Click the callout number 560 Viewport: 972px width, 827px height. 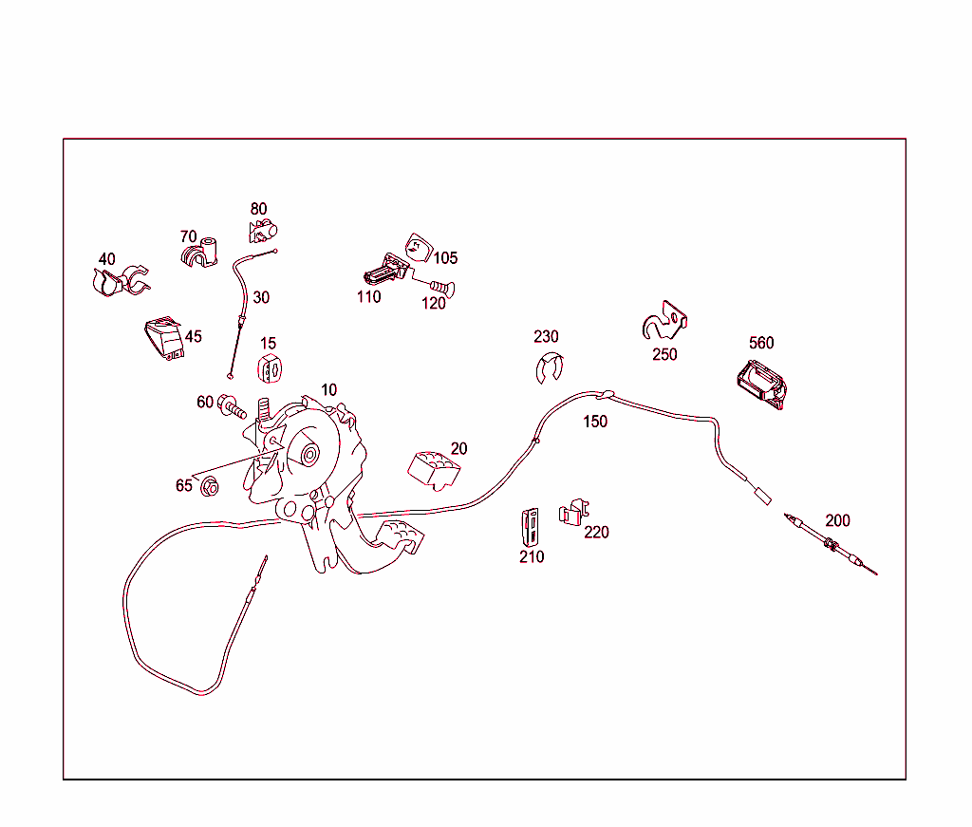point(761,343)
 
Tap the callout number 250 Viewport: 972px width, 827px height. point(664,354)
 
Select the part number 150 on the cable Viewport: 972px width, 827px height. point(595,422)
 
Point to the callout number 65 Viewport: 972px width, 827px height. point(184,485)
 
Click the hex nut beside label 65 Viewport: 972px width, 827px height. point(210,487)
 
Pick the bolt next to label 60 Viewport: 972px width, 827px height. point(233,406)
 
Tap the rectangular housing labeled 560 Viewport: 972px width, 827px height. point(762,385)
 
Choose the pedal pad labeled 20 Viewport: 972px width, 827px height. point(434,470)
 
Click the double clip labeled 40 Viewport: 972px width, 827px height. point(121,282)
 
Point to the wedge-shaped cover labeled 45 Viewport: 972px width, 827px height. point(164,338)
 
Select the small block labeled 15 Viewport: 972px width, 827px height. point(270,368)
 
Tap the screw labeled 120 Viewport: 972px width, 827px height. point(441,287)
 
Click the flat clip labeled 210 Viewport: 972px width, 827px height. point(530,528)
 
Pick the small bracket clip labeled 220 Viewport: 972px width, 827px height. point(574,512)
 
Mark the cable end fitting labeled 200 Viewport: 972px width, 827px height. point(831,544)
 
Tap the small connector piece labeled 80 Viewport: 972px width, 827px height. point(263,231)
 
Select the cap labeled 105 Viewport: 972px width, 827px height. point(419,248)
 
